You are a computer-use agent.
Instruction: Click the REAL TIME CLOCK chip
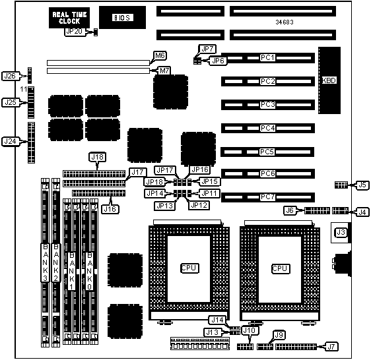pos(69,18)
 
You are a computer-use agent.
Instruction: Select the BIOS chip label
pos(122,18)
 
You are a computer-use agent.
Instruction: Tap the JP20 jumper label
pos(74,32)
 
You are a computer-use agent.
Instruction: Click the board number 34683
pos(285,22)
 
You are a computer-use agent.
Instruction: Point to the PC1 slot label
pos(267,57)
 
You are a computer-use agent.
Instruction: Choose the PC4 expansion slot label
pos(267,128)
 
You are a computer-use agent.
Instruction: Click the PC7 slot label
pos(267,197)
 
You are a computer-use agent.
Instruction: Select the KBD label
pos(329,80)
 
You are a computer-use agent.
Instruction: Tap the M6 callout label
pos(160,56)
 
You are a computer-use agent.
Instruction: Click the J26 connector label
pos(10,76)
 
